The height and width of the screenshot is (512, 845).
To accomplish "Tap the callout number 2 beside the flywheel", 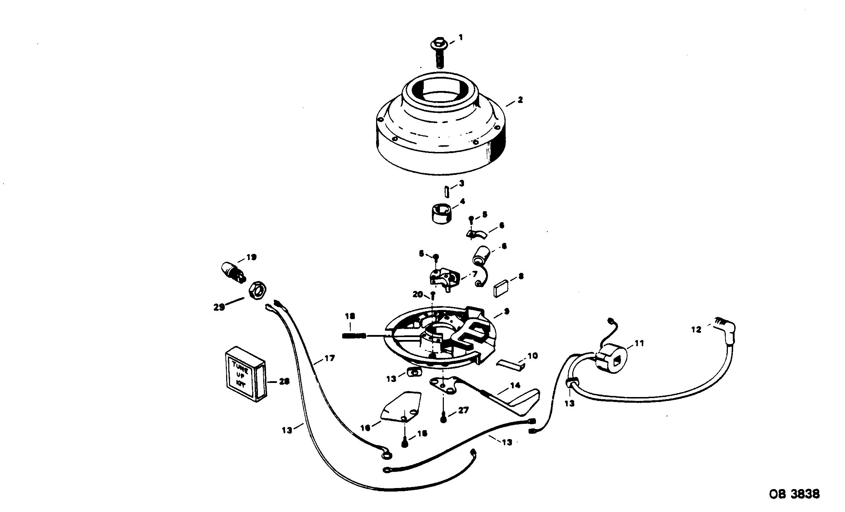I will tap(520, 100).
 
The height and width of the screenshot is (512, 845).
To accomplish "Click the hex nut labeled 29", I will tap(259, 290).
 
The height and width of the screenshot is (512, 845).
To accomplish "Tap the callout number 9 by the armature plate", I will tap(507, 311).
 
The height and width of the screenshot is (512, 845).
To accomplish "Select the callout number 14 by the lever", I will tap(515, 385).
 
